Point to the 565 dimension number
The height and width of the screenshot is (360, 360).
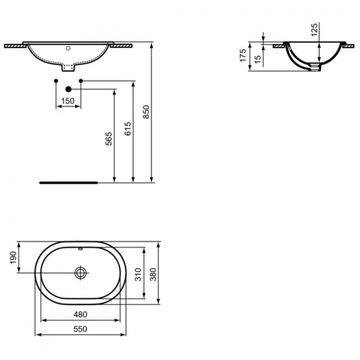point(109,139)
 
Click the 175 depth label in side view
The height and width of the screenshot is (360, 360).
point(243,55)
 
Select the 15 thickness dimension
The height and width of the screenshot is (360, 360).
point(257,59)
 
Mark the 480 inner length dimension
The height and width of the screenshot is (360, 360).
point(80,314)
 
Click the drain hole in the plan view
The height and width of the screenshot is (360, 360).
point(81,273)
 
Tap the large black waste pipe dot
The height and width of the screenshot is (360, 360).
point(68,89)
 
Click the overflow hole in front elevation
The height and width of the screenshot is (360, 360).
point(69,48)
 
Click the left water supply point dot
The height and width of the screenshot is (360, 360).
point(56,80)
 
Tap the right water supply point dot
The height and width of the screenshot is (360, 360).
point(80,80)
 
